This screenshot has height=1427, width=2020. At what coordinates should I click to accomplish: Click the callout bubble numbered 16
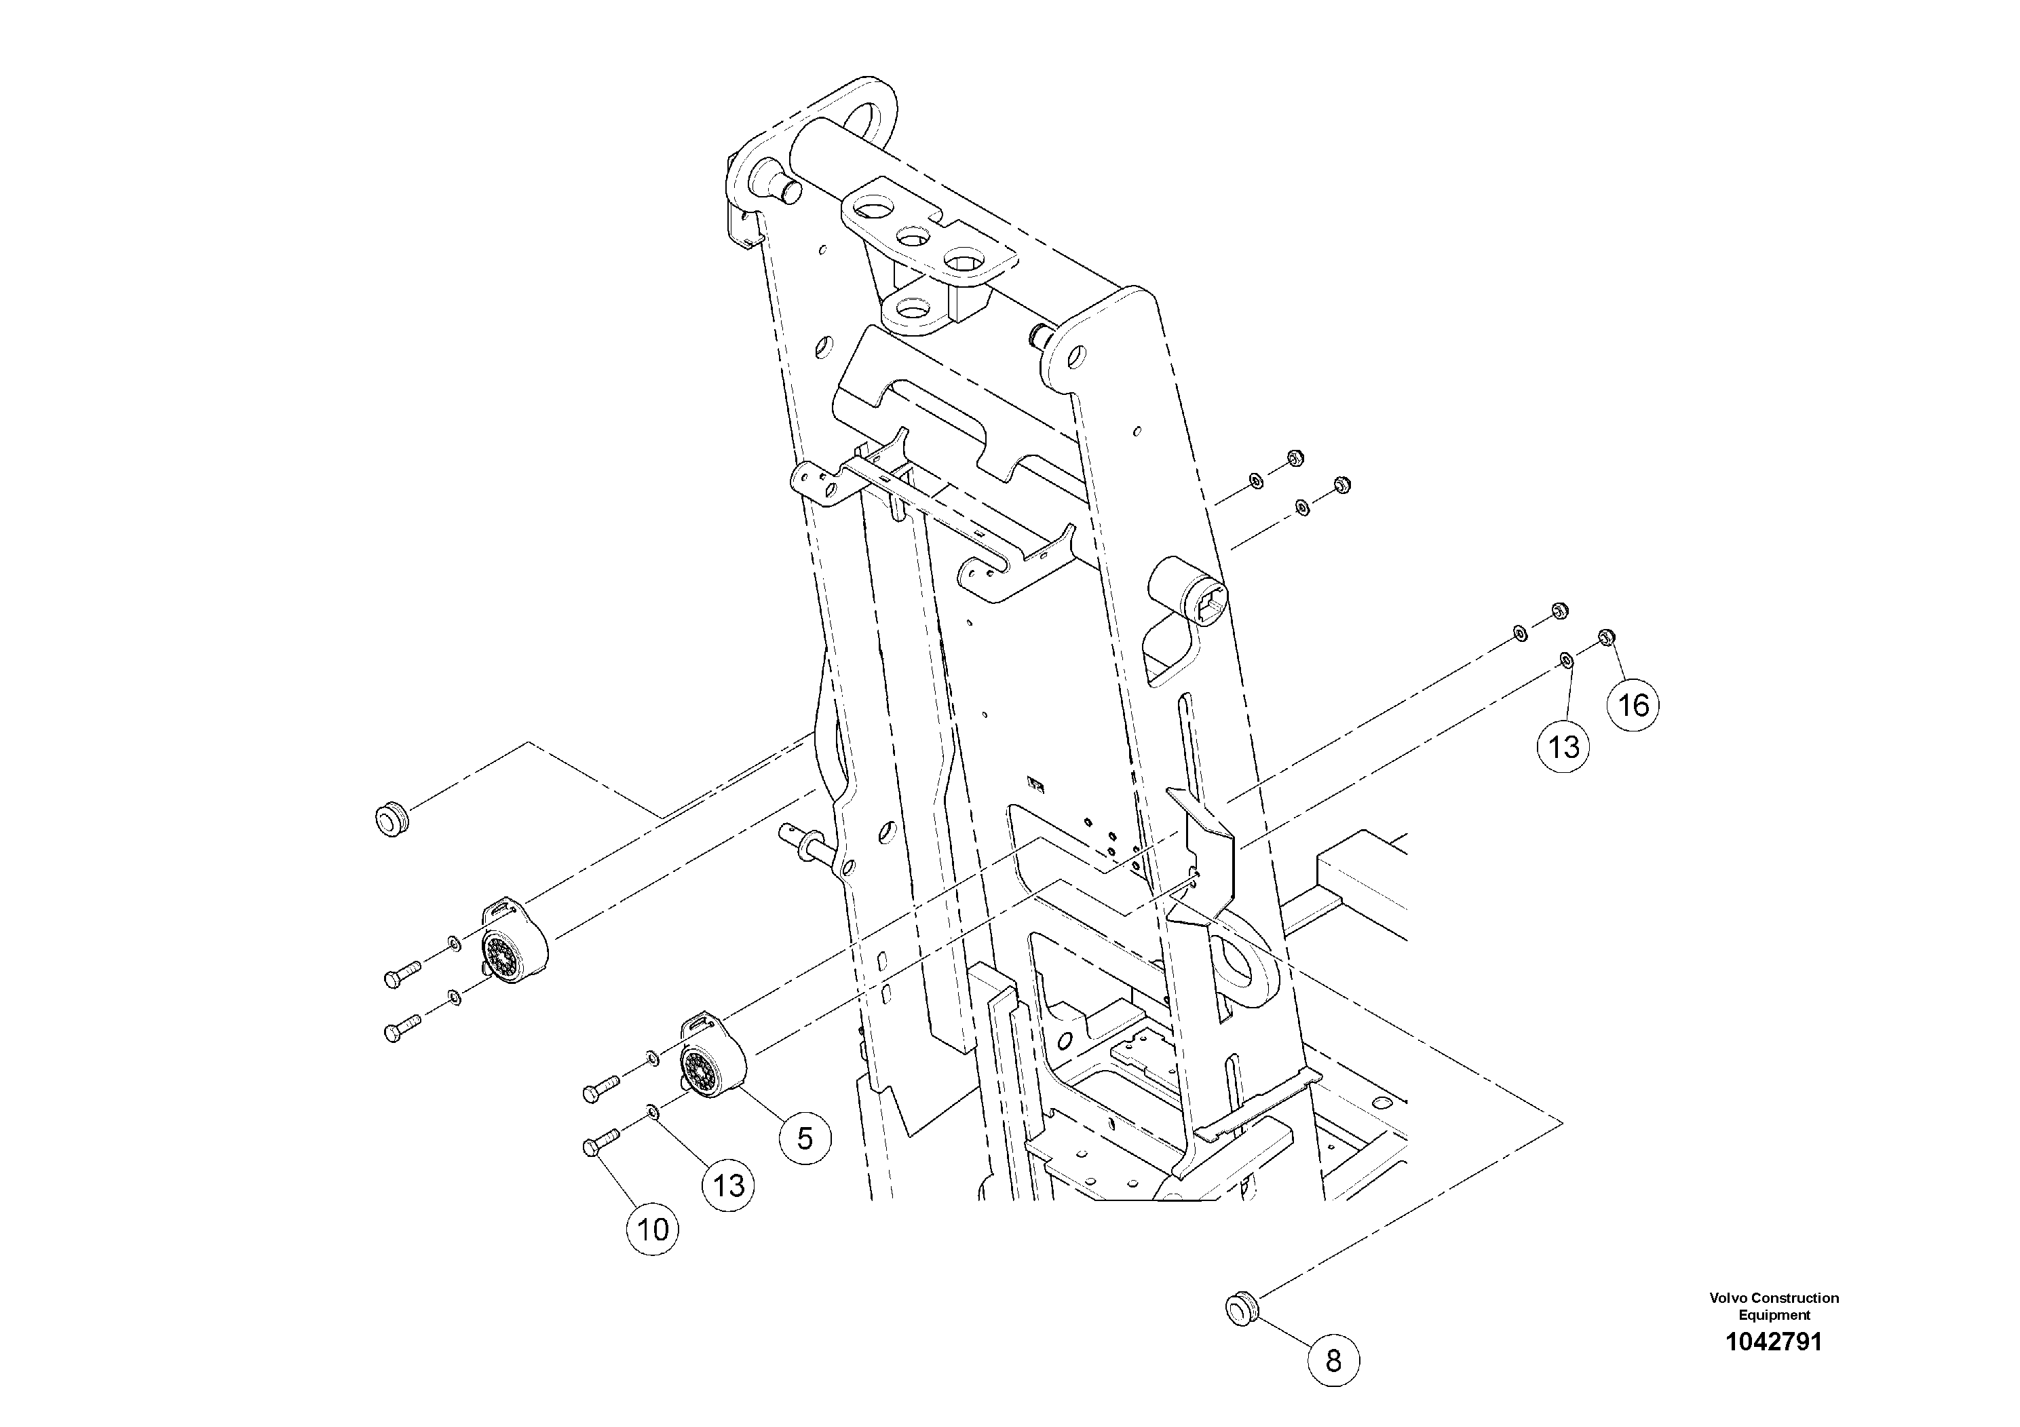[1633, 705]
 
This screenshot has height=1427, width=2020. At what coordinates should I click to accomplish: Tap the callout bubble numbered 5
[804, 1139]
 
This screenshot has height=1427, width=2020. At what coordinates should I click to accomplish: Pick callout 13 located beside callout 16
[1563, 747]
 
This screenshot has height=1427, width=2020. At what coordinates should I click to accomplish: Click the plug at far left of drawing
[391, 819]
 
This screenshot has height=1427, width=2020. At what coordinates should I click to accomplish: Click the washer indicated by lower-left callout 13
[653, 1111]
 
